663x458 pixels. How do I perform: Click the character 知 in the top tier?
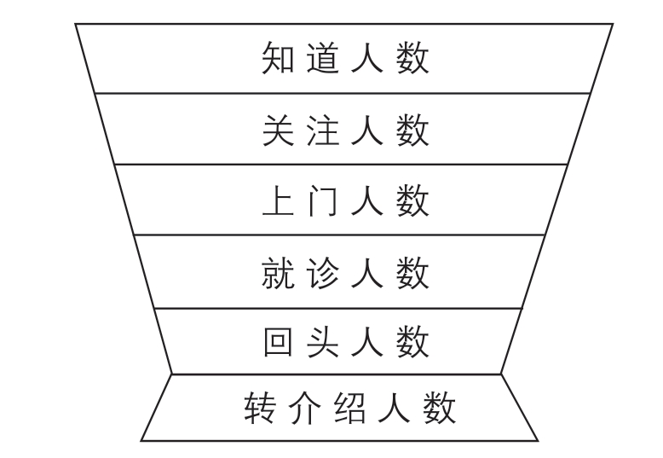point(277,60)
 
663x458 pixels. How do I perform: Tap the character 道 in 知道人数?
point(322,60)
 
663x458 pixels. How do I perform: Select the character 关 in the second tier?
point(277,131)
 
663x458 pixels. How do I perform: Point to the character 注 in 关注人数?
point(322,131)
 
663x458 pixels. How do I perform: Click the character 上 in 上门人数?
point(277,202)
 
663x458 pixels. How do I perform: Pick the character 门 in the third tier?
point(322,202)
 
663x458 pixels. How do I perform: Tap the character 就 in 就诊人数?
point(277,274)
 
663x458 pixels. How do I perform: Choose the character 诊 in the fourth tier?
point(322,274)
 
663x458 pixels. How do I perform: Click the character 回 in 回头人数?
point(277,343)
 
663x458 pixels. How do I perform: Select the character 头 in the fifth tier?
point(322,343)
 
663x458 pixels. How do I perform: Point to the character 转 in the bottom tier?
point(260,409)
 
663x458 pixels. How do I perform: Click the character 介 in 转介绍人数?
point(304,409)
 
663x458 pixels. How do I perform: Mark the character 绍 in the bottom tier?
point(349,409)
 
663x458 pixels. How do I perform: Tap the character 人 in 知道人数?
point(367,60)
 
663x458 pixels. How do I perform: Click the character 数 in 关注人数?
point(412,131)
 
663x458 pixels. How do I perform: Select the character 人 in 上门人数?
point(367,202)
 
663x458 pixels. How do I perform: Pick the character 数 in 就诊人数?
point(412,274)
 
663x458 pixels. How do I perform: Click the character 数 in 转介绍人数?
point(440,409)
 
